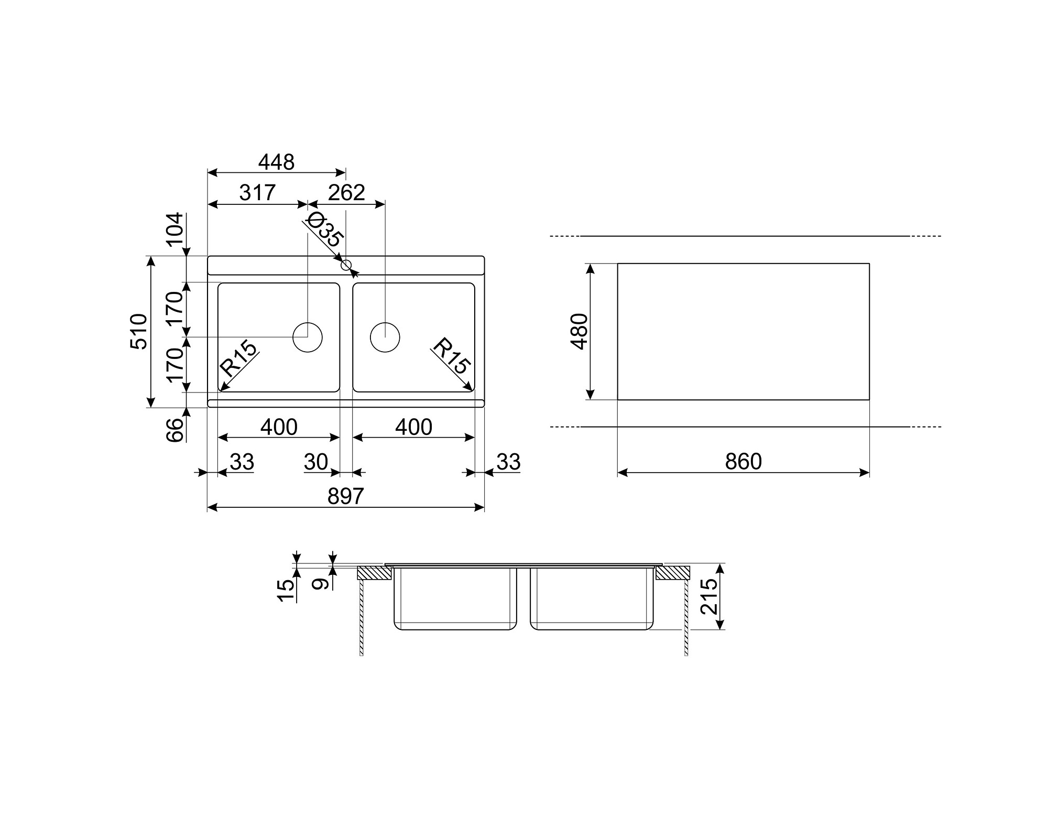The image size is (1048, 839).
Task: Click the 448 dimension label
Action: click(276, 162)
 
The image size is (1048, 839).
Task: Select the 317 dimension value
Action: click(257, 193)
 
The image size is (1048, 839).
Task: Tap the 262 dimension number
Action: click(346, 193)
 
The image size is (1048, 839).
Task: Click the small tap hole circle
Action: click(346, 265)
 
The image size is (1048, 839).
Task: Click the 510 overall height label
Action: click(139, 331)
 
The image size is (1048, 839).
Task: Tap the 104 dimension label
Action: click(174, 230)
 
